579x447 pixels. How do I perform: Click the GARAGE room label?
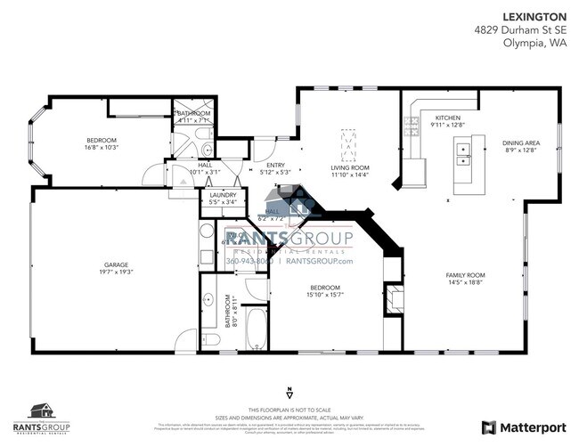(x=117, y=264)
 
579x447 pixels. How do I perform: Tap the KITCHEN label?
(x=448, y=118)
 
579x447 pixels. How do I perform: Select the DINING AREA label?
(x=520, y=142)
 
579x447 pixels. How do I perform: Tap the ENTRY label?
(x=275, y=165)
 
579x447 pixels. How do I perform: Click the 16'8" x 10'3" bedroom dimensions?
(x=102, y=148)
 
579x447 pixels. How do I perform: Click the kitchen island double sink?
(x=464, y=161)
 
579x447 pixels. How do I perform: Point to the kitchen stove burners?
(x=413, y=127)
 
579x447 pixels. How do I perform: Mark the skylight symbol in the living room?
(x=348, y=142)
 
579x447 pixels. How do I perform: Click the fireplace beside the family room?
(x=393, y=301)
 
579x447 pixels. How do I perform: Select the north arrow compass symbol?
(x=289, y=393)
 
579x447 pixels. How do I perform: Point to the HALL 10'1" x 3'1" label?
(x=205, y=169)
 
